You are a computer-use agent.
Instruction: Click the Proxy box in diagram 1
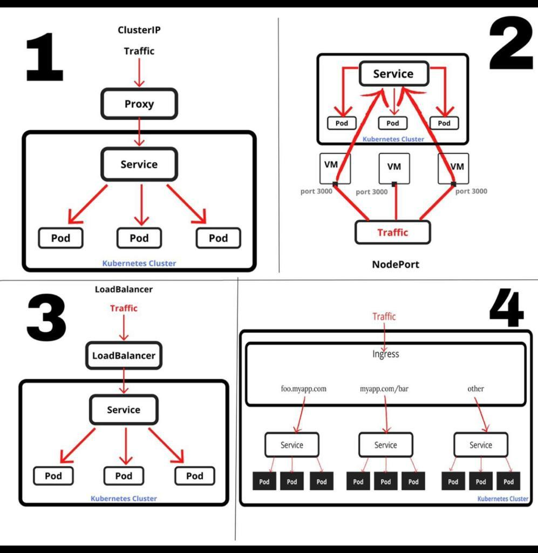pos(139,104)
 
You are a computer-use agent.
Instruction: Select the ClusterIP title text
pos(139,30)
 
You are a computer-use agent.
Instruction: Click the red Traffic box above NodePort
pos(393,232)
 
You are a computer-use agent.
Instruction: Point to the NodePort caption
pos(395,264)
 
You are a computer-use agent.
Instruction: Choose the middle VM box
pos(394,167)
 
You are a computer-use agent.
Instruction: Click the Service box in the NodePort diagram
pos(393,74)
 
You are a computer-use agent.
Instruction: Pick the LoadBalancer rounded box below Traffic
pos(124,355)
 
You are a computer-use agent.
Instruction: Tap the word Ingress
pos(385,354)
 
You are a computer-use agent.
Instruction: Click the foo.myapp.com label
pos(303,388)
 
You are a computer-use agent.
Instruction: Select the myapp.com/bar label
pos(384,388)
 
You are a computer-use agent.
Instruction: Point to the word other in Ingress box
pos(475,388)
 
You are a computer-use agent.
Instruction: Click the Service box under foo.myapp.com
pos(291,445)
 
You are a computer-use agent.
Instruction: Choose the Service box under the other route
pos(480,445)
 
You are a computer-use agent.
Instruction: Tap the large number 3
pos(46,319)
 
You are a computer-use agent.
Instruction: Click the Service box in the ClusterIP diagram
pos(139,164)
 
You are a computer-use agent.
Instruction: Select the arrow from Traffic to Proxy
pos(139,73)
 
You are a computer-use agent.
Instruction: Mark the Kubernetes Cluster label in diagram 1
pos(139,264)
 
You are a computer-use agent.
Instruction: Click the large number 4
pos(506,310)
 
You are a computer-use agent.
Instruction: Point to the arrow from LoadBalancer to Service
pos(124,381)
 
